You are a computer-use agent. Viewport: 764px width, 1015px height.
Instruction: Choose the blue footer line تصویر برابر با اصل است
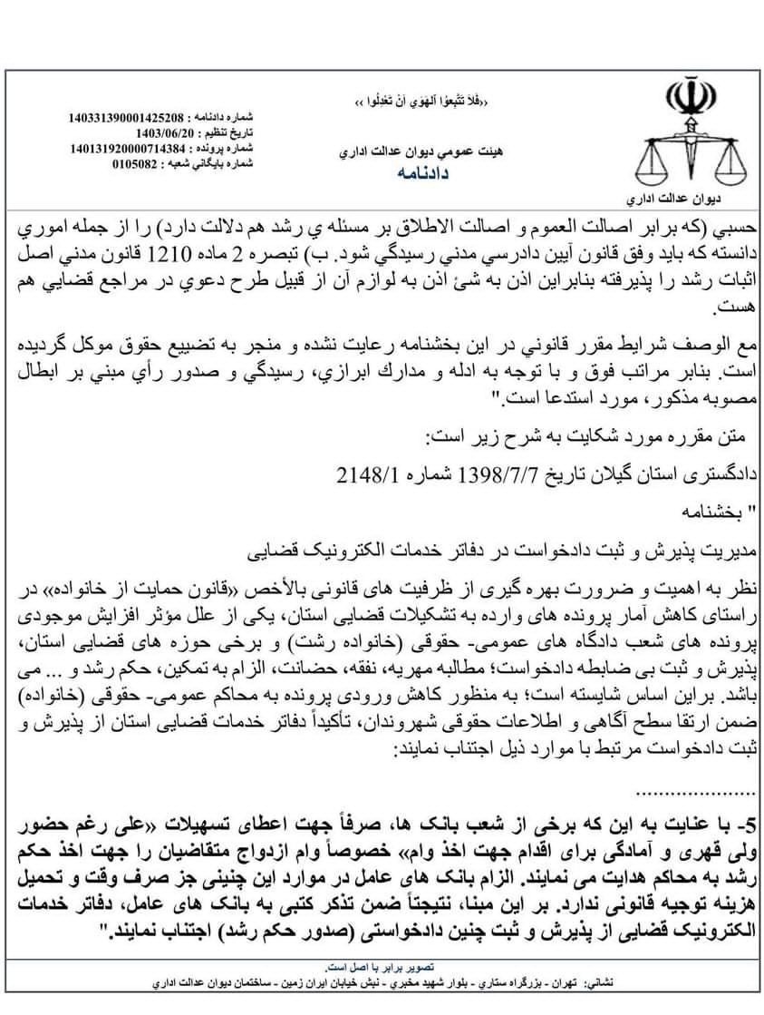click(382, 967)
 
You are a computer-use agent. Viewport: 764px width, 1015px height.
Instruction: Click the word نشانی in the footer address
click(605, 982)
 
